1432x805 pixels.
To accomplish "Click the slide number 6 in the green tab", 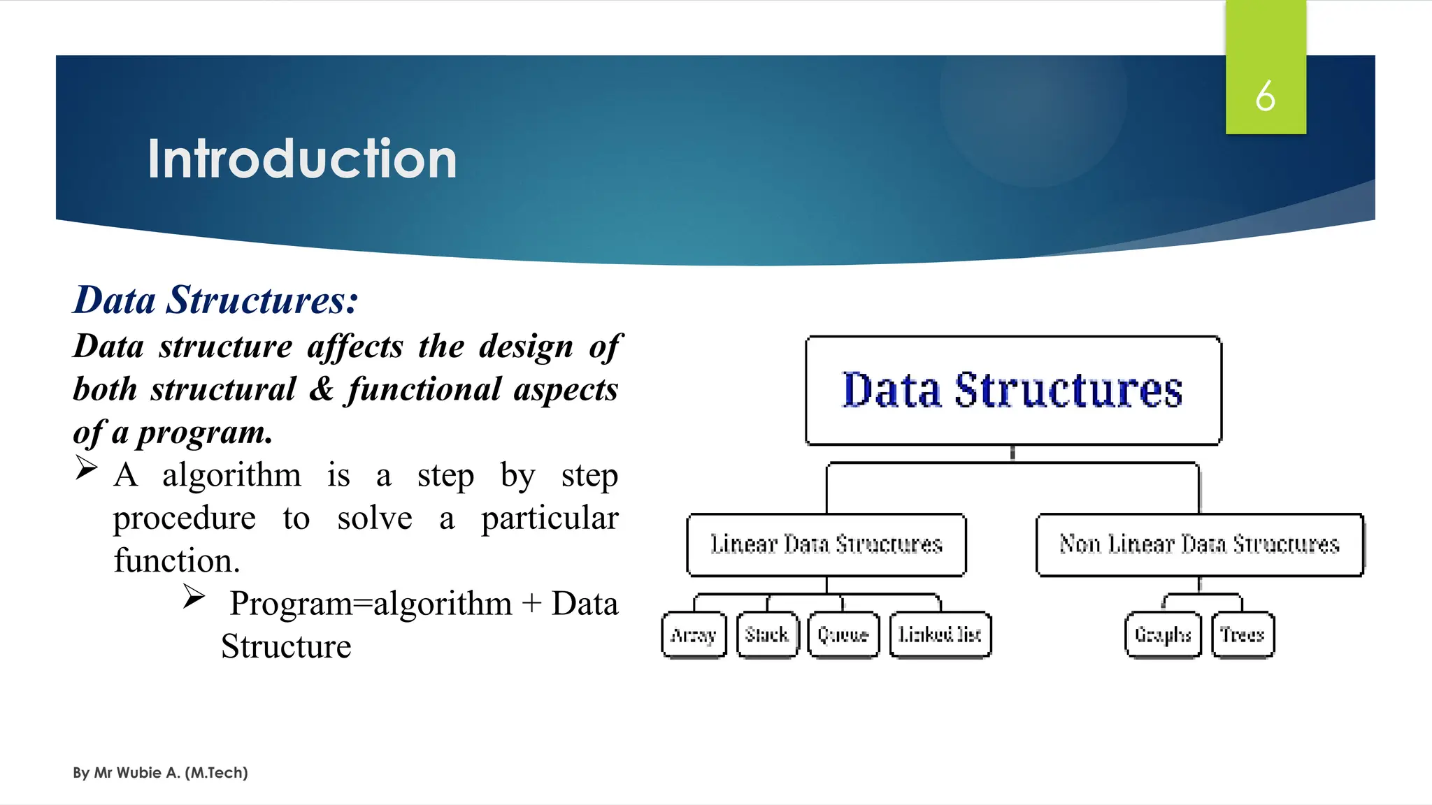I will point(1265,96).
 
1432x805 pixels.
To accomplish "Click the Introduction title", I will point(302,159).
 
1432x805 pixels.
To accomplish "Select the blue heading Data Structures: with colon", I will point(216,300).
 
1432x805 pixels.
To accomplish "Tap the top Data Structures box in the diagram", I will point(1012,390).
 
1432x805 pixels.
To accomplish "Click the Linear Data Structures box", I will point(826,544).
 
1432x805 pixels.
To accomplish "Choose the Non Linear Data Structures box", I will point(1199,544).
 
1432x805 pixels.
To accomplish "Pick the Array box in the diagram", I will point(694,634).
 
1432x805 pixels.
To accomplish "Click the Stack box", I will point(767,634).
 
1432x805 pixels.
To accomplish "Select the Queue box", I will point(843,634).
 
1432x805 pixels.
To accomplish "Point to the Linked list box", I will point(940,634).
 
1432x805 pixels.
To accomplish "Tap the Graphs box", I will point(1163,634).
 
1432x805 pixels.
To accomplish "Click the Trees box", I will point(1243,634).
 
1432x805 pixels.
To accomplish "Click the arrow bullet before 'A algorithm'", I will point(86,467).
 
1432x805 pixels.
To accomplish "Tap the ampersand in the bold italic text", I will point(321,389).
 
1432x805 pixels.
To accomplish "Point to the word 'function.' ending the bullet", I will point(177,560).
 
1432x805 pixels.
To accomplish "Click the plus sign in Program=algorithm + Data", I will point(531,603).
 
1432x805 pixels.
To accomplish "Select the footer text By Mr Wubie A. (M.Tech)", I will point(160,772).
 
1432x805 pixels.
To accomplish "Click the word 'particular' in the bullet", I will point(550,518).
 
